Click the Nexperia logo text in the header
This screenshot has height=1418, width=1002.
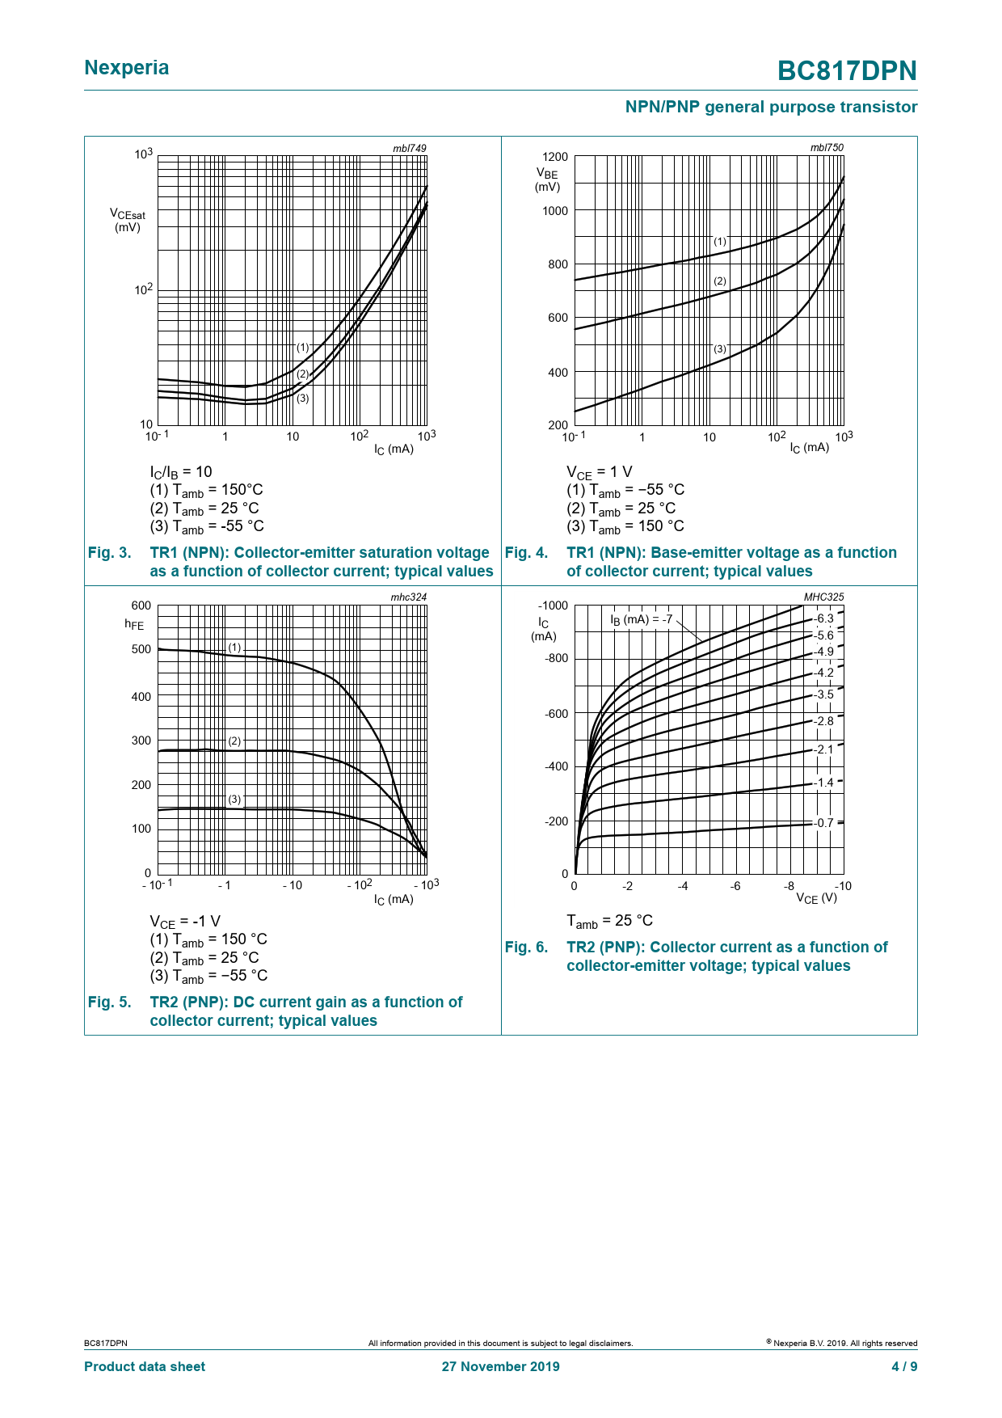(127, 68)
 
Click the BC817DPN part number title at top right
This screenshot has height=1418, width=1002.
(847, 71)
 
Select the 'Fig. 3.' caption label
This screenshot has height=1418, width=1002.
(109, 553)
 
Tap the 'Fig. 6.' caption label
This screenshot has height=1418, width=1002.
(526, 947)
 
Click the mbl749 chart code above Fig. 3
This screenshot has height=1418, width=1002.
(409, 148)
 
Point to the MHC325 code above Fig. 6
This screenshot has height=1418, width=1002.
(823, 597)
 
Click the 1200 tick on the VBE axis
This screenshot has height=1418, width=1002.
(555, 157)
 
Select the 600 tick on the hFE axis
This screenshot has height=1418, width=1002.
(141, 606)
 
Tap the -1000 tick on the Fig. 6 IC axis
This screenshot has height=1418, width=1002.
(553, 606)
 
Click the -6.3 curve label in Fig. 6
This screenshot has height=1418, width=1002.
(823, 618)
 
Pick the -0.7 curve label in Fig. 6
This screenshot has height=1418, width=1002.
(823, 823)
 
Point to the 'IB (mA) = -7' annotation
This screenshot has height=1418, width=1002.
(641, 620)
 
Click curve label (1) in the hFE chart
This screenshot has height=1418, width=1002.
(234, 648)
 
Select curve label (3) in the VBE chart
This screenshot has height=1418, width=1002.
(720, 349)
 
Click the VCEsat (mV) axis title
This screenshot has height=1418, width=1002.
(128, 220)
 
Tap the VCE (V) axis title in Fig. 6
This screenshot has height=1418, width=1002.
(816, 898)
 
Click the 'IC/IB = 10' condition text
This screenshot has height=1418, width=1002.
(181, 472)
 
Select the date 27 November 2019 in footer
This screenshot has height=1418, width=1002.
(500, 1366)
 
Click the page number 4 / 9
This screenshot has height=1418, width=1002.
(904, 1366)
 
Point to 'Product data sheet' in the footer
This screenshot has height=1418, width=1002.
(145, 1366)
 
